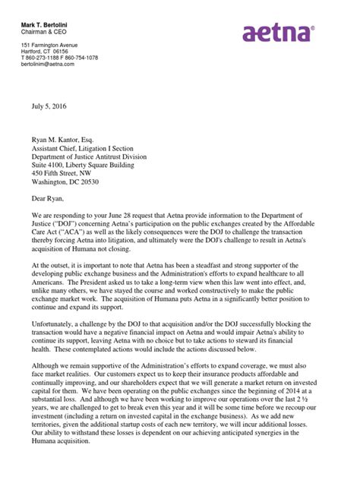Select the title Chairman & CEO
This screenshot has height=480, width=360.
coord(46,17)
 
